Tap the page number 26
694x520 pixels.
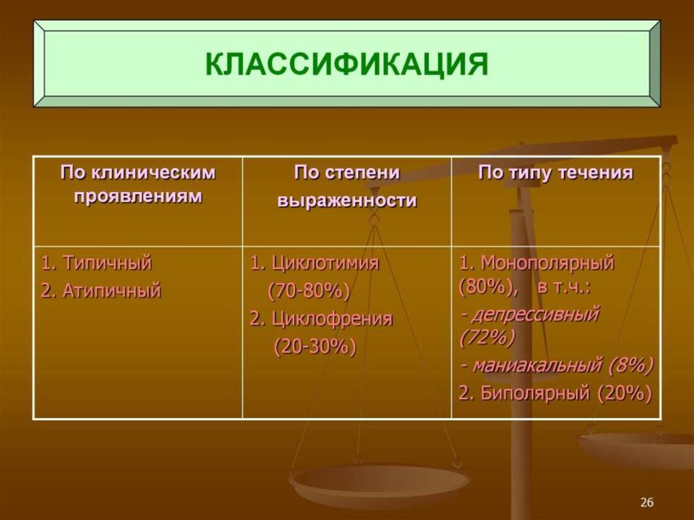[647, 502]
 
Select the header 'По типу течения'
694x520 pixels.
[555, 173]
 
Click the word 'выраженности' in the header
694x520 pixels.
[346, 201]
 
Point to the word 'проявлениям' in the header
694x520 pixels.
[138, 196]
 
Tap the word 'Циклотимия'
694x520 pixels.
[325, 263]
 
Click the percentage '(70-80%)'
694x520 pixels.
[308, 292]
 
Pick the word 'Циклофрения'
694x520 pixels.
[332, 319]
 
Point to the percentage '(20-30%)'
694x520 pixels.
[314, 346]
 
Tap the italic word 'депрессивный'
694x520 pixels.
[535, 315]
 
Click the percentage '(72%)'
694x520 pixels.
[486, 337]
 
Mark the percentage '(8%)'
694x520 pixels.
[630, 365]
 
